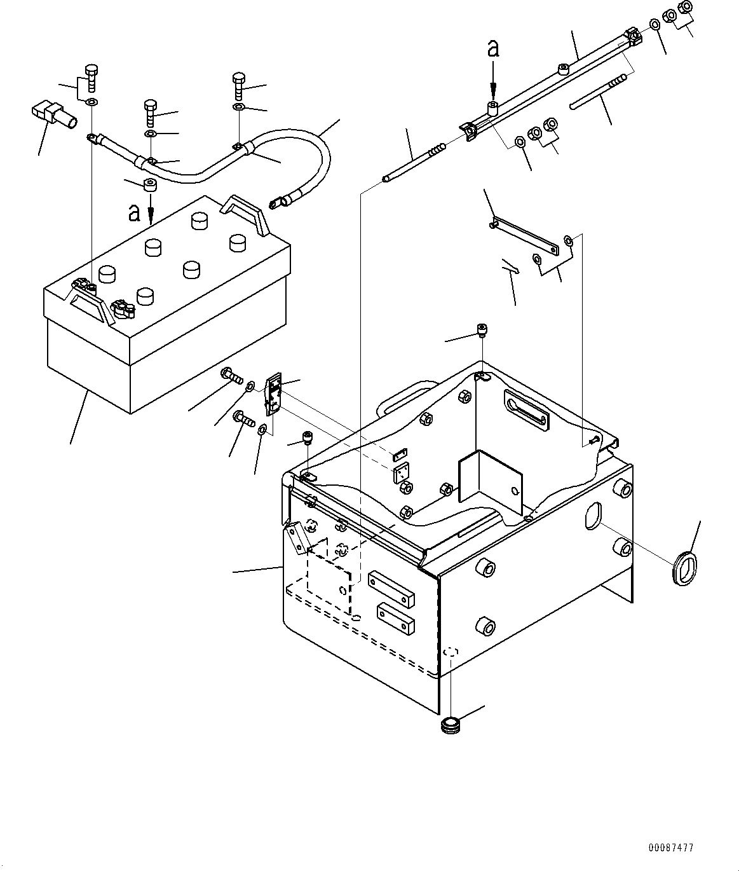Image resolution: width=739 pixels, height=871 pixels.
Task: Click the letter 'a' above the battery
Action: tap(134, 213)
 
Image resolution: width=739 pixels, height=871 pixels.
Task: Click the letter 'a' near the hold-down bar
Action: tap(493, 48)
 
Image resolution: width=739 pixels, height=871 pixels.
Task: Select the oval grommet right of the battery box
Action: tap(685, 568)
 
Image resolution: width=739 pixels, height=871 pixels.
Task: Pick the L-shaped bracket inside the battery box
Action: tap(490, 482)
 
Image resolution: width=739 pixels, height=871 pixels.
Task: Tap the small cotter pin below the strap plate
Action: tap(511, 267)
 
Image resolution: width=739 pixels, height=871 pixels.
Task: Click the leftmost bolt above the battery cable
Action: tap(92, 78)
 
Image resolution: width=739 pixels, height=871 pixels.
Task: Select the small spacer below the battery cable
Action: tap(150, 184)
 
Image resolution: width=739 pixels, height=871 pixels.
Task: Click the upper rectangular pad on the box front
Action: tap(391, 589)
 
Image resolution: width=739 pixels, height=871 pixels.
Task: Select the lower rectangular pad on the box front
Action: tap(396, 619)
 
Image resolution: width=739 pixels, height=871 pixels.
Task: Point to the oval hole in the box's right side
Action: tap(593, 515)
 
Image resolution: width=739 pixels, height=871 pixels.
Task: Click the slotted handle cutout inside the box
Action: tap(526, 408)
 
